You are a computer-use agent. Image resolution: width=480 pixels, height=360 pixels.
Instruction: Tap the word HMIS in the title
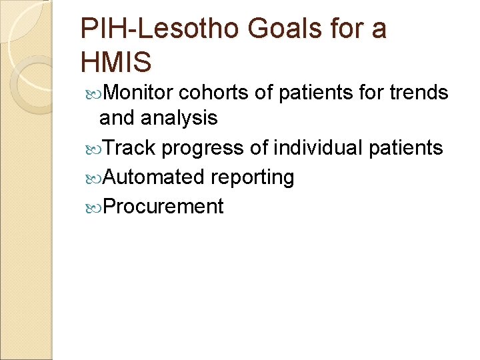(116, 62)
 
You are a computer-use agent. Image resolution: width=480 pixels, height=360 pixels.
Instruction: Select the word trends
(419, 93)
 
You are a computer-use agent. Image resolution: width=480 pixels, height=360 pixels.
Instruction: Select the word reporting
(253, 177)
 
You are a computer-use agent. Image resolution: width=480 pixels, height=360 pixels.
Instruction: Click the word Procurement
(164, 206)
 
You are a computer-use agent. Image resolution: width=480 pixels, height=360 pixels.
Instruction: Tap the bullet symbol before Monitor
(93, 93)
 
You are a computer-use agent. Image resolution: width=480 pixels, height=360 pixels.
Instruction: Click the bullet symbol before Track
(93, 148)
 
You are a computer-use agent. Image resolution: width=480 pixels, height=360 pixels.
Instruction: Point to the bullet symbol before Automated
(93, 177)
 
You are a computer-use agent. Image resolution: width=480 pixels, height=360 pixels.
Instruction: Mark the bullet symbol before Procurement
(93, 207)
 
